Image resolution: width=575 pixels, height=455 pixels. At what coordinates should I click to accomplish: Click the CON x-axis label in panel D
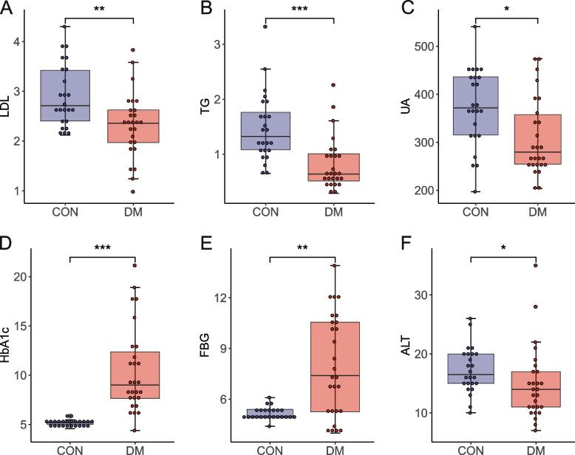pyautogui.click(x=69, y=448)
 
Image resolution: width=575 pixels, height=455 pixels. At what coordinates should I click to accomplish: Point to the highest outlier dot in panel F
pyautogui.click(x=536, y=265)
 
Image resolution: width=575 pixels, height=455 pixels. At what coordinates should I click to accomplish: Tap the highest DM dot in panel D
pyautogui.click(x=135, y=265)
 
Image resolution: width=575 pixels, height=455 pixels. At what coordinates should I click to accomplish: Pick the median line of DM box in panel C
pyautogui.click(x=537, y=151)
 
